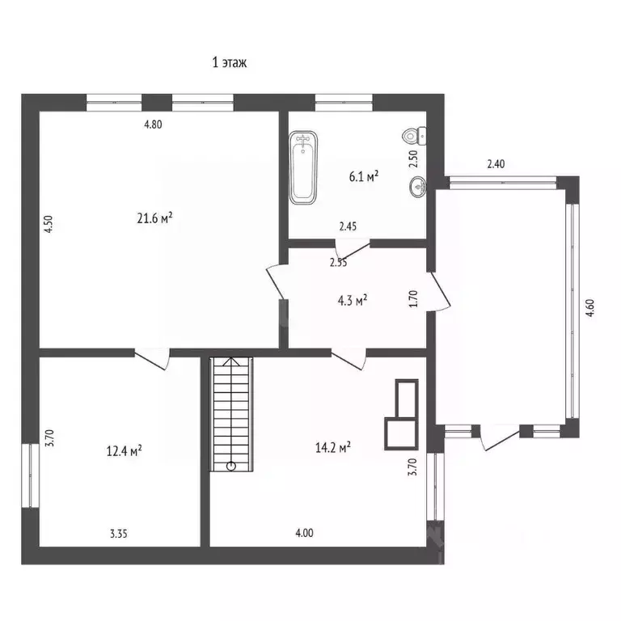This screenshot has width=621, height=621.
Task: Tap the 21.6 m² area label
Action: point(155,218)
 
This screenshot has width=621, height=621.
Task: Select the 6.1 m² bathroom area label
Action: point(364,175)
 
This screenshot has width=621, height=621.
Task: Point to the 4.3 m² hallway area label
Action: point(352,299)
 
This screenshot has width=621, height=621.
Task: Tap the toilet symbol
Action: point(415,137)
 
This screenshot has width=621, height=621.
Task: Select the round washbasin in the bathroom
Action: point(418,186)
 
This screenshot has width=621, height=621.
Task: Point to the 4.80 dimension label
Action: point(154,125)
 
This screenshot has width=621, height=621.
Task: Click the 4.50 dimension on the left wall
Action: point(49,222)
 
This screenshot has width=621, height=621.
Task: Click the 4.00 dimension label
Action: point(304,533)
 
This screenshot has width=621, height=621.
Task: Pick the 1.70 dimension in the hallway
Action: point(413,299)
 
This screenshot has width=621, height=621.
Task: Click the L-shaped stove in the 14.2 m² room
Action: point(403,414)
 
